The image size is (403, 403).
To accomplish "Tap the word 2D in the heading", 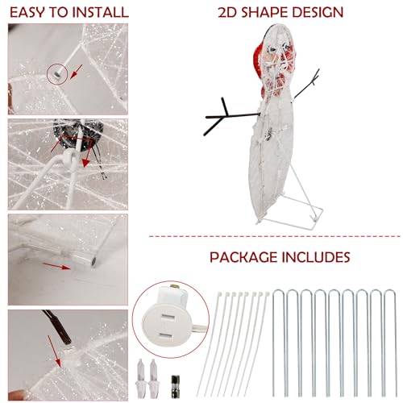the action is [x=228, y=12].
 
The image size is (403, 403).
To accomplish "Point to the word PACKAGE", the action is [x=243, y=257].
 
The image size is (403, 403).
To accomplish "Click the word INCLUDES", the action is [x=316, y=257].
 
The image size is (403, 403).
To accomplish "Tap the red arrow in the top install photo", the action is [x=76, y=72].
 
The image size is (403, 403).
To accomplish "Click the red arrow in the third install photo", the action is [x=56, y=266].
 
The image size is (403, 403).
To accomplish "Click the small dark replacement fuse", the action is [x=175, y=386].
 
